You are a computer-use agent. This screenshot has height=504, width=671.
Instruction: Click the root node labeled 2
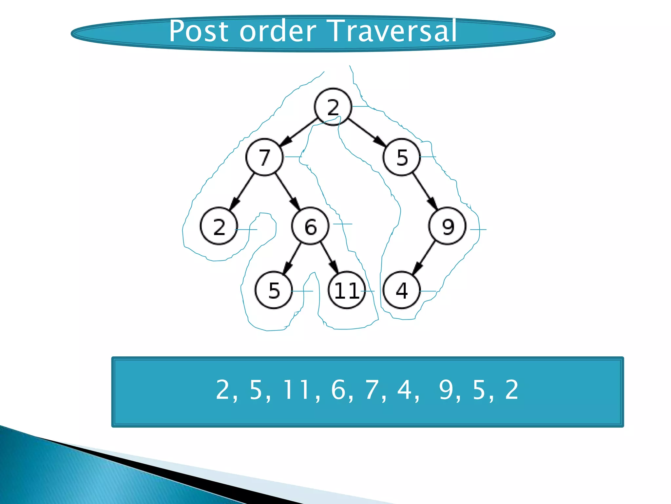coord(333,107)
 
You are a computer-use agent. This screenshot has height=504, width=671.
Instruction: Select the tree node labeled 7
coord(264,157)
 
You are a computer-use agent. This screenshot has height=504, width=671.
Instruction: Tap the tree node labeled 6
coord(310,226)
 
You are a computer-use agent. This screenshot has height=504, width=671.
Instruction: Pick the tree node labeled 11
coord(347,290)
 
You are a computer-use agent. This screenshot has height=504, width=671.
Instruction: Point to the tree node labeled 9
coord(448,226)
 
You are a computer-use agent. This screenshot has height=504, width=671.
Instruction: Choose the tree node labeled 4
coord(402,290)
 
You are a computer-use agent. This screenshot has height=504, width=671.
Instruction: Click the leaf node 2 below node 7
coord(219,226)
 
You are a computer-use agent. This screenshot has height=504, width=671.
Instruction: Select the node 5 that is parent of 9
coord(402,157)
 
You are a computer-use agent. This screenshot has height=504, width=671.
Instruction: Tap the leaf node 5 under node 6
coord(274,290)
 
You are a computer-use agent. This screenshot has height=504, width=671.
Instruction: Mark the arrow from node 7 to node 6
coord(287,192)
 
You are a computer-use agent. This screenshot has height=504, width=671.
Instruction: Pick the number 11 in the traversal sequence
coord(297,390)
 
